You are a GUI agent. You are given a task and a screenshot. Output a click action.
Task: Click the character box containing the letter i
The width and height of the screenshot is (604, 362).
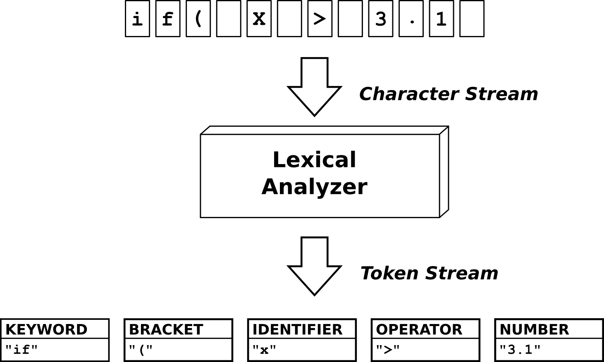tap(137, 19)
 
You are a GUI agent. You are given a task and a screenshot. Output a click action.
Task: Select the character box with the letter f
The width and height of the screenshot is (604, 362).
tap(167, 19)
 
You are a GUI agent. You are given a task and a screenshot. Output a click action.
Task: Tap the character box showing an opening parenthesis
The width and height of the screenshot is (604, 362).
tap(198, 19)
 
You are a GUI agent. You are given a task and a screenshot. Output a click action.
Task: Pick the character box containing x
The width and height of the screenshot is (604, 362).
tap(259, 19)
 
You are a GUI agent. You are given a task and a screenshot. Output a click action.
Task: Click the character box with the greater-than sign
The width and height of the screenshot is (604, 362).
tap(320, 19)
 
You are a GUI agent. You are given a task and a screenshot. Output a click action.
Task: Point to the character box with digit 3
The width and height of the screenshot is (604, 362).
tap(380, 19)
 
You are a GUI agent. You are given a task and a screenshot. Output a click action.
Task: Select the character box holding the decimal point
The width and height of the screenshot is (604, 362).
tap(411, 19)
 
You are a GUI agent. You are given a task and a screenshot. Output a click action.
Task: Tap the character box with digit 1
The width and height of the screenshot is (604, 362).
tap(441, 19)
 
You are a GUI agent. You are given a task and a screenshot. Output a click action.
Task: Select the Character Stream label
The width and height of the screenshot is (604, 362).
tap(449, 94)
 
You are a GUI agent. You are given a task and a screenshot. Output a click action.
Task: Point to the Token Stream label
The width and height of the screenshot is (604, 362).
tap(429, 274)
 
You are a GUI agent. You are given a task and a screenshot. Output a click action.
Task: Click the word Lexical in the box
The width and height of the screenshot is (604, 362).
tap(314, 160)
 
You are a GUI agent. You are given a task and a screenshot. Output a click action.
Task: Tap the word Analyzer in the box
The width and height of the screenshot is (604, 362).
tap(314, 187)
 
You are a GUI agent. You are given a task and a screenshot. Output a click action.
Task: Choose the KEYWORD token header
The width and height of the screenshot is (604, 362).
tap(46, 329)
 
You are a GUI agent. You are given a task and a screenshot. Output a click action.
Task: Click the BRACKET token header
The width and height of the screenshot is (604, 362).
tap(166, 329)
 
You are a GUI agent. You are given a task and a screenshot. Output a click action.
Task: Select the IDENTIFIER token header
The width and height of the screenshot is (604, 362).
tap(297, 329)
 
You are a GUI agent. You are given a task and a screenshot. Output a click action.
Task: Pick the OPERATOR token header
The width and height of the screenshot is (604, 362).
tap(419, 329)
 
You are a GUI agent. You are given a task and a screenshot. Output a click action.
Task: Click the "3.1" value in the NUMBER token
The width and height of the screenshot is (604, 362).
tap(520, 350)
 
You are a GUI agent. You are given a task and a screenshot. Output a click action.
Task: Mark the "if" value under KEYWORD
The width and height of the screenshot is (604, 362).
tap(21, 350)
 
